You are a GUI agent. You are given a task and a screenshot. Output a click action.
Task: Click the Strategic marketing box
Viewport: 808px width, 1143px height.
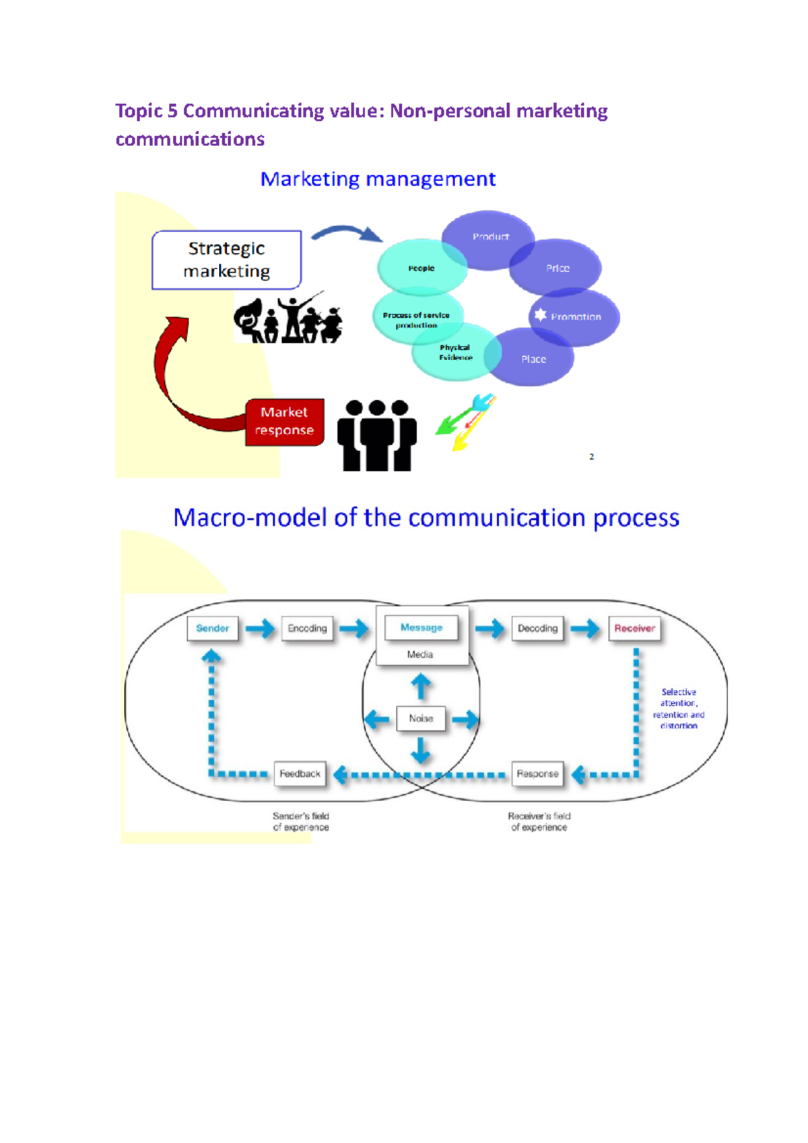226,260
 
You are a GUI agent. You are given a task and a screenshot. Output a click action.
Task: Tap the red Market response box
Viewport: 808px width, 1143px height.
284,421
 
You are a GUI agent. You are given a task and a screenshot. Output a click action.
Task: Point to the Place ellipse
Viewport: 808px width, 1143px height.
534,359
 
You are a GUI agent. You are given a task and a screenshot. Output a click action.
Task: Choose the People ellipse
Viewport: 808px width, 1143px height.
421,268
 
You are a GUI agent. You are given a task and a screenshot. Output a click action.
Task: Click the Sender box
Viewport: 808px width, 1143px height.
213,628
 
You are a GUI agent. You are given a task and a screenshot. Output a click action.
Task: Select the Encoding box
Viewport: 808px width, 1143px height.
307,628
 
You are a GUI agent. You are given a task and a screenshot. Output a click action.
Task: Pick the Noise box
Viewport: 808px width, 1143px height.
421,718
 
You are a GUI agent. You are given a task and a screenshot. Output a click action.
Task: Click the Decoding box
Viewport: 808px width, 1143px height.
537,628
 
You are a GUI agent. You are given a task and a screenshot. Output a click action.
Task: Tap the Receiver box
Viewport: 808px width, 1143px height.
634,628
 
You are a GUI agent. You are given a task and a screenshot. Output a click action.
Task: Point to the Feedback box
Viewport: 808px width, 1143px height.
300,774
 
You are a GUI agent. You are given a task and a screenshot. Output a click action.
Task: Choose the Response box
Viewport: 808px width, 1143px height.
537,774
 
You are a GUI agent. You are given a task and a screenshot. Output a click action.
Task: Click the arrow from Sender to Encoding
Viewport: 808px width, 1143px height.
260,629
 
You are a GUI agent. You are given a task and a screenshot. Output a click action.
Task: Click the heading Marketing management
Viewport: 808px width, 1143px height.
378,179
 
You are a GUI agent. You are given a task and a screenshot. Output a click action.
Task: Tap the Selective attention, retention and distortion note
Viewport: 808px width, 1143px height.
679,709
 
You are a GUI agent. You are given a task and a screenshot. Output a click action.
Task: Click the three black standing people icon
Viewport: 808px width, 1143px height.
376,436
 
